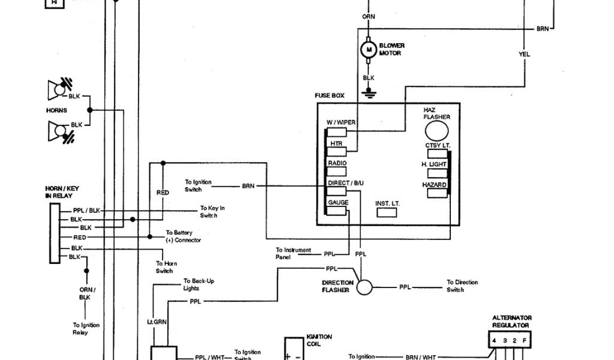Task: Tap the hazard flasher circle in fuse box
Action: coord(437,130)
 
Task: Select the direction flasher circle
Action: coord(365,287)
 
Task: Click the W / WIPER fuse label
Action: coord(341,122)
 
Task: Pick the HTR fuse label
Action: coord(336,143)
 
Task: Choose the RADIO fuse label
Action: coord(337,163)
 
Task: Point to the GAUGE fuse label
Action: coord(338,203)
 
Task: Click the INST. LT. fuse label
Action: coord(387,204)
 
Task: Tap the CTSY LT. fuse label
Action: coord(438,145)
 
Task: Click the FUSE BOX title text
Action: coord(330,95)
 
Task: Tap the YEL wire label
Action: coord(524,55)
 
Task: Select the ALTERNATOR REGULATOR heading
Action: coord(511,322)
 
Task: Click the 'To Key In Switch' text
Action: coord(212,212)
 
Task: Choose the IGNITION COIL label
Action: coord(319,340)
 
